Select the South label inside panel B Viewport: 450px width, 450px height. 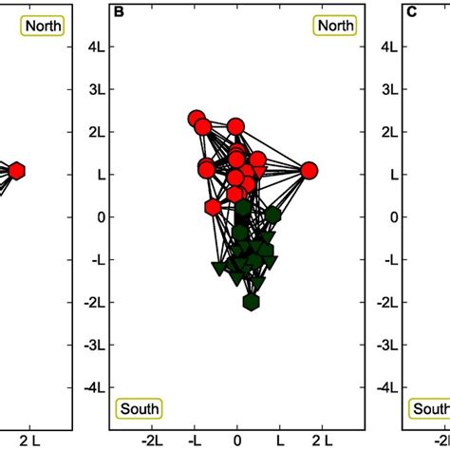pos(139,408)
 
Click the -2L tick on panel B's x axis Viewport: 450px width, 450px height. pos(153,440)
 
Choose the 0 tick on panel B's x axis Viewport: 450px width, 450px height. pos(237,440)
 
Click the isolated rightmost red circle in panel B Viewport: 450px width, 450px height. pos(309,170)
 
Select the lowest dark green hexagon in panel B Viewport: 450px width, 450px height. pos(251,302)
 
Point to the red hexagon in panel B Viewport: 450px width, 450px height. pos(213,207)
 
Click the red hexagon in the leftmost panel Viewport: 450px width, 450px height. pos(16,170)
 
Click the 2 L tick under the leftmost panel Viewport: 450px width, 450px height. pos(30,440)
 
